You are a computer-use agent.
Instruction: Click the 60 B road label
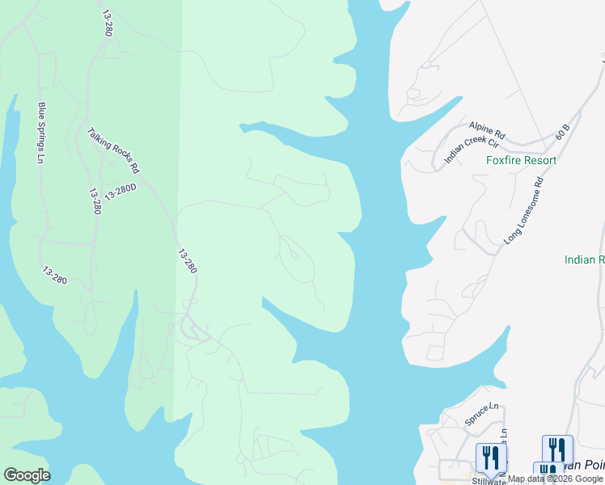coord(563,132)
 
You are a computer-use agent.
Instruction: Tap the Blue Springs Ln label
coord(40,133)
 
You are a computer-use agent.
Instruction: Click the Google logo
coord(27,475)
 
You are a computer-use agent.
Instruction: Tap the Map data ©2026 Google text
coord(555,479)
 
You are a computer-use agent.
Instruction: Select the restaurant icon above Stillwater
coord(490,458)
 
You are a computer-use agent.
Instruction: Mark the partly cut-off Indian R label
coord(584,259)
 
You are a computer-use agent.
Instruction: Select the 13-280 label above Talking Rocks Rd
coord(108,23)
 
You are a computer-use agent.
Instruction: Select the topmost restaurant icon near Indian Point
coord(557,449)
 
